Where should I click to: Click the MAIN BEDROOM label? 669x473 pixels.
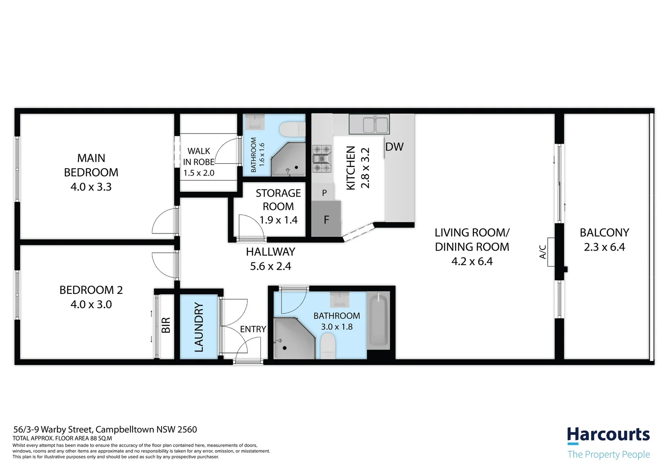click(91, 165)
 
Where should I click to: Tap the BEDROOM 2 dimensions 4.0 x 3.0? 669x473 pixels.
click(91, 304)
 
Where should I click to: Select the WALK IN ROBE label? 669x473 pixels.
click(199, 156)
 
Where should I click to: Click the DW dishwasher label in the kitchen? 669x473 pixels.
click(394, 147)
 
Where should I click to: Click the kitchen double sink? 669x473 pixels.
click(369, 125)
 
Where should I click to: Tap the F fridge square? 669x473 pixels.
click(326, 219)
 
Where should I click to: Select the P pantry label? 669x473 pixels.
click(324, 193)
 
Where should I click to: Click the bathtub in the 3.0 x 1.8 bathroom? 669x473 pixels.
click(378, 321)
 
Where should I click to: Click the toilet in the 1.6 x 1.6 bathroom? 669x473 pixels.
click(292, 129)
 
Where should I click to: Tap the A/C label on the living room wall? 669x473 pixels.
click(543, 252)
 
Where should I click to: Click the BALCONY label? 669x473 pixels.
click(604, 233)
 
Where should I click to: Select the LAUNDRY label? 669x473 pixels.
click(199, 327)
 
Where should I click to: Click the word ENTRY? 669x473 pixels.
click(253, 329)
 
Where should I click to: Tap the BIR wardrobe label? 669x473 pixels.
click(166, 325)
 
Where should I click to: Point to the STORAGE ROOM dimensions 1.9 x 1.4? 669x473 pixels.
click(278, 220)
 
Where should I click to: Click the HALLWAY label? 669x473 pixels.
click(270, 252)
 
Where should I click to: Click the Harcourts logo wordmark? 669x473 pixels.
click(608, 435)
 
